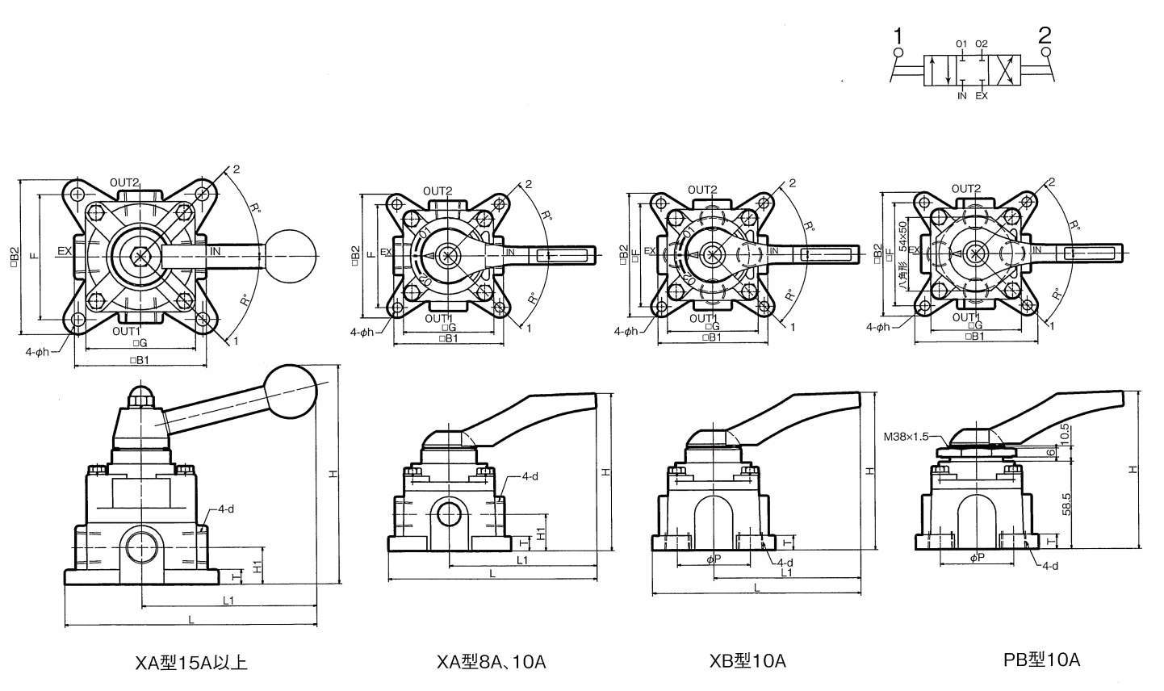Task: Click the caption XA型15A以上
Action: pyautogui.click(x=191, y=663)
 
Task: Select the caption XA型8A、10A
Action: pyautogui.click(x=491, y=662)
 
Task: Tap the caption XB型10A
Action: pyautogui.click(x=747, y=661)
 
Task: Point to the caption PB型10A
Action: pyautogui.click(x=1040, y=660)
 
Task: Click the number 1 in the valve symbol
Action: pyautogui.click(x=898, y=36)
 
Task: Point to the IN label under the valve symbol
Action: pyautogui.click(x=961, y=96)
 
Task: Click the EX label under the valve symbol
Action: pyautogui.click(x=981, y=96)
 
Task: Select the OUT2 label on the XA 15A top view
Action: pyautogui.click(x=126, y=182)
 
